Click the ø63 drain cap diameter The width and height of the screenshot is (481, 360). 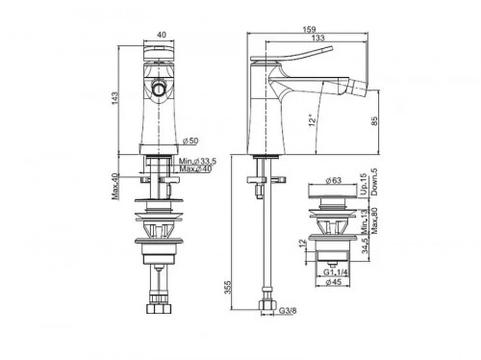(x=334, y=179)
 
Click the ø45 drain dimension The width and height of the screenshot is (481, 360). (x=334, y=283)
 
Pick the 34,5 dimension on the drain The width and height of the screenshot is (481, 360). (x=362, y=253)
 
